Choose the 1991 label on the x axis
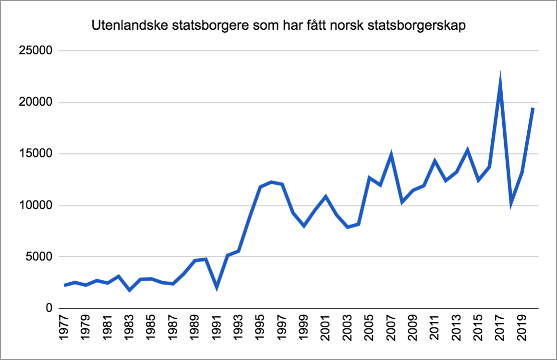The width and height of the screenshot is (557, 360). (217, 329)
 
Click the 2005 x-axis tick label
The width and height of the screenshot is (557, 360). (370, 329)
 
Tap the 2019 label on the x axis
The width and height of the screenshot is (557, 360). (522, 329)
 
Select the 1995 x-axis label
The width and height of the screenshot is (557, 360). (261, 329)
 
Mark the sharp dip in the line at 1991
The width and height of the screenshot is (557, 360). (217, 287)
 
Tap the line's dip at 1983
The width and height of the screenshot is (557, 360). (130, 290)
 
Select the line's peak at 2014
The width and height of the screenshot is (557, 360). (468, 151)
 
